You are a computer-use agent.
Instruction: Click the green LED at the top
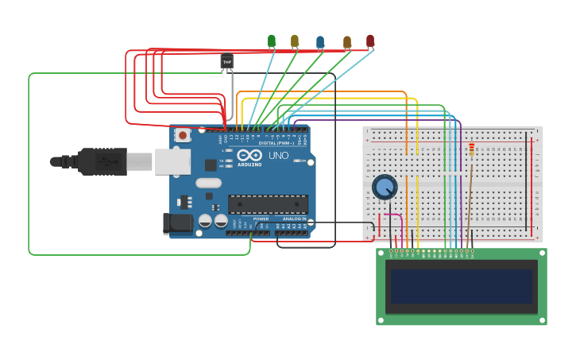[x=272, y=41]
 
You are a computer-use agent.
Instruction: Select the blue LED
[x=320, y=41]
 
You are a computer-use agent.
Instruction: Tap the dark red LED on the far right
[x=370, y=40]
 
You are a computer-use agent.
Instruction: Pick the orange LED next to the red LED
[x=347, y=41]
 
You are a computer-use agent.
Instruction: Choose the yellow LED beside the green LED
[x=295, y=41]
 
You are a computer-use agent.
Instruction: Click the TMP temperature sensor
[x=227, y=61]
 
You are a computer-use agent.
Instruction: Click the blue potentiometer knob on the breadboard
[x=385, y=187]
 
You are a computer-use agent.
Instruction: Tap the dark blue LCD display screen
[x=461, y=286]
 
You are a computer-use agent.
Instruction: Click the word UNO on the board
[x=279, y=155]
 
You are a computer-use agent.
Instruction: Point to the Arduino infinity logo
[x=249, y=156]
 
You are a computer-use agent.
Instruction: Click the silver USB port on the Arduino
[x=172, y=161]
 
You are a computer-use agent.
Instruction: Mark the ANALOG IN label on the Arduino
[x=293, y=219]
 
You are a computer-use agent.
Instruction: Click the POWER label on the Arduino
[x=261, y=219]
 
